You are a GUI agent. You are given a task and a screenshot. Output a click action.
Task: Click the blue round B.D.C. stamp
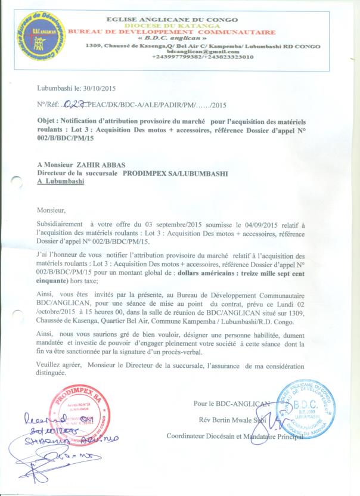303,408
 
